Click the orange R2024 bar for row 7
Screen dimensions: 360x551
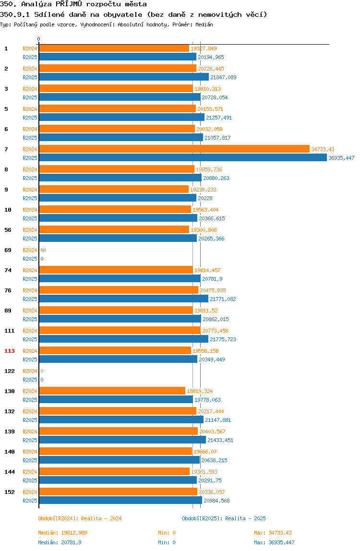click(174, 149)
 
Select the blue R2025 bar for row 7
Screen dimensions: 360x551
click(183, 158)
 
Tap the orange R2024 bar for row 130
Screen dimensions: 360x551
click(112, 391)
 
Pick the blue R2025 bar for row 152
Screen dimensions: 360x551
click(120, 501)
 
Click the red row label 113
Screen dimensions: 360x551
click(10, 351)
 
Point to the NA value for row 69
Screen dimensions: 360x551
click(43, 250)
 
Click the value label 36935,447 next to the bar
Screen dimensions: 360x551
click(341, 158)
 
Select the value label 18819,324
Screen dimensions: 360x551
click(200, 391)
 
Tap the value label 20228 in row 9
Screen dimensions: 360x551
click(205, 198)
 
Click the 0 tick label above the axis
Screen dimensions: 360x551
click(39, 39)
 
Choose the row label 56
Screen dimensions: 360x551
click(8, 230)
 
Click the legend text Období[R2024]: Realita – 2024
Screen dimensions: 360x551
click(80, 518)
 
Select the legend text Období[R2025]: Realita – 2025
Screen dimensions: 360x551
click(224, 518)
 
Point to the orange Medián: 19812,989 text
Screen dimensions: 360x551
click(62, 533)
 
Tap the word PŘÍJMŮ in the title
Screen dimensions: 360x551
click(69, 4)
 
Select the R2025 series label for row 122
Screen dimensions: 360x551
click(30, 380)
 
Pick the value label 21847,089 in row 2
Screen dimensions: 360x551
click(223, 77)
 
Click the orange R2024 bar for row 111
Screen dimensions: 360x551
click(120, 330)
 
